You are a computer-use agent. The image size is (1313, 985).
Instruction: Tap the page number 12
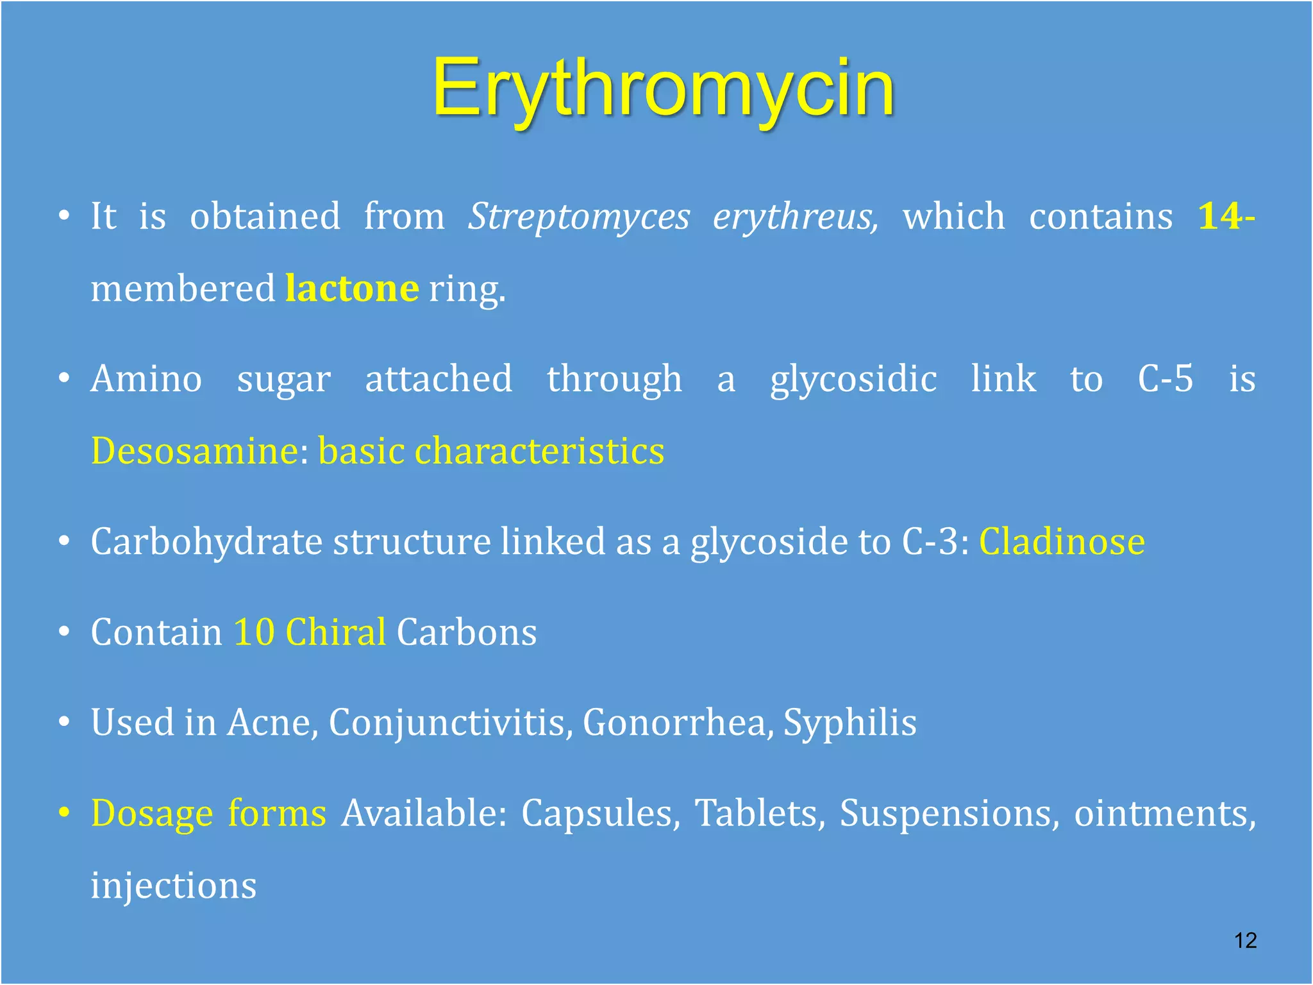pyautogui.click(x=1245, y=940)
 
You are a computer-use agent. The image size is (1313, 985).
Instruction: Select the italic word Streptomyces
pyautogui.click(x=578, y=217)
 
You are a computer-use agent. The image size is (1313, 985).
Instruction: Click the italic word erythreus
pyautogui.click(x=795, y=217)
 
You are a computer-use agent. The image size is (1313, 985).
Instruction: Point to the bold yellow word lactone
pyautogui.click(x=352, y=289)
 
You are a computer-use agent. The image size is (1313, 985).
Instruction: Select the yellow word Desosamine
pyautogui.click(x=194, y=451)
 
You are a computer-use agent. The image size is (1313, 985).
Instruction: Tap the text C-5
pyautogui.click(x=1165, y=378)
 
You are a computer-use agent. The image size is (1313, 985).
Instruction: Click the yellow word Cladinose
pyautogui.click(x=1062, y=542)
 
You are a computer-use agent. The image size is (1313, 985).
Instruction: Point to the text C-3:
pyautogui.click(x=935, y=542)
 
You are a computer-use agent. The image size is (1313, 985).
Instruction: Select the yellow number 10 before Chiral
pyautogui.click(x=254, y=632)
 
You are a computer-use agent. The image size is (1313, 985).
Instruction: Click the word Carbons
pyautogui.click(x=466, y=632)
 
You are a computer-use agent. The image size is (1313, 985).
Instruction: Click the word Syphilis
pyautogui.click(x=849, y=723)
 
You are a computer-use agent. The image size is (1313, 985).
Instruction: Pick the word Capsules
pyautogui.click(x=600, y=814)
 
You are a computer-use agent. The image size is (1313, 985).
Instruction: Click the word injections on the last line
pyautogui.click(x=174, y=886)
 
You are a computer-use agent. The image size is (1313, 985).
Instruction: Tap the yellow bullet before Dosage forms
pyautogui.click(x=63, y=813)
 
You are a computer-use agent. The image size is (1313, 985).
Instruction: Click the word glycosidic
pyautogui.click(x=853, y=378)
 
